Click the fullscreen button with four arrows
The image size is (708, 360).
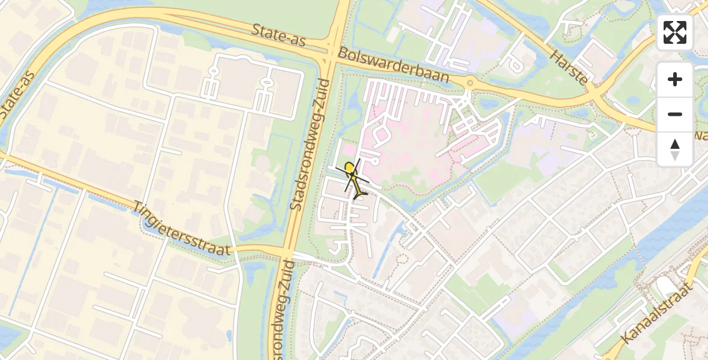(x=675, y=32)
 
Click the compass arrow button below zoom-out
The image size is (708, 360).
(x=675, y=149)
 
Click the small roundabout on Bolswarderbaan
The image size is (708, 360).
(x=470, y=83)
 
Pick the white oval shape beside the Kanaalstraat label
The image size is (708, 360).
(x=665, y=286)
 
